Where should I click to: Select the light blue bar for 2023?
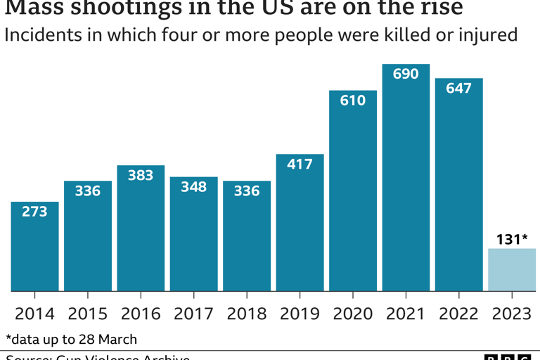pos(512,270)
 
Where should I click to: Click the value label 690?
pos(406,74)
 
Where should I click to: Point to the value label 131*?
pos(512,239)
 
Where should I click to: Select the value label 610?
pos(353,101)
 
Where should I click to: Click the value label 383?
pos(141,176)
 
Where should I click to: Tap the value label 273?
pos(34,211)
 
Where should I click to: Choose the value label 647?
pos(458,89)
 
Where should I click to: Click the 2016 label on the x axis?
pos(141,314)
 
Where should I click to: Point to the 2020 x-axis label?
pos(353,314)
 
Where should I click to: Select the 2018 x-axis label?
pos(247,314)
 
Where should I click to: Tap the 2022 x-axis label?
pos(458,314)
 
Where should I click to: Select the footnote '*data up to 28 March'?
pos(71,339)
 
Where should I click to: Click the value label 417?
pos(300,164)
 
